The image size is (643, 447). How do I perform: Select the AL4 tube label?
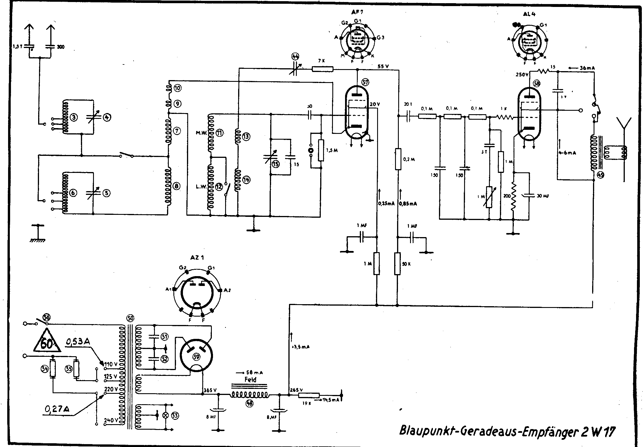(529, 14)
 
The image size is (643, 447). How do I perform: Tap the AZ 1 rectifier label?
(197, 257)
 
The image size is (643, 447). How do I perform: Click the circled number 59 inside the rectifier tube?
(197, 357)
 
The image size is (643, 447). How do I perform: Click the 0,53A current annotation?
(78, 342)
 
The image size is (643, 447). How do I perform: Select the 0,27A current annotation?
(57, 409)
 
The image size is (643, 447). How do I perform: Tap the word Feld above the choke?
(250, 379)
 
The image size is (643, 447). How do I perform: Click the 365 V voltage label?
(210, 390)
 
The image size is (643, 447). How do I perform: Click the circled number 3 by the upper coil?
(74, 118)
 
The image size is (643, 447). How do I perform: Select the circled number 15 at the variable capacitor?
(276, 164)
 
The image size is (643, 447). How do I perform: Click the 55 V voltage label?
(383, 67)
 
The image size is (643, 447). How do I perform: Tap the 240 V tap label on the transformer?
(111, 420)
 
